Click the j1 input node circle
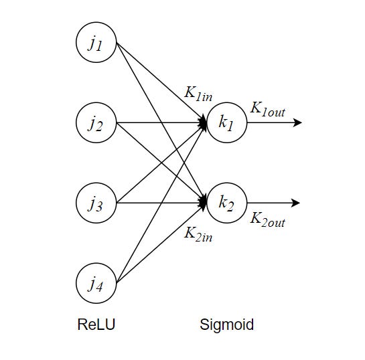click(x=96, y=43)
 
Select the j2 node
click(x=96, y=123)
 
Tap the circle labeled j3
click(x=96, y=203)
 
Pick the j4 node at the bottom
click(x=96, y=283)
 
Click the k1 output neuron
click(x=227, y=123)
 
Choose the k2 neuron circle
click(x=227, y=203)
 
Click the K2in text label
click(x=199, y=234)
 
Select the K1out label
click(x=267, y=110)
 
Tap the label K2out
click(x=267, y=219)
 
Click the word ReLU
click(x=96, y=326)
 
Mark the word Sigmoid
click(x=227, y=326)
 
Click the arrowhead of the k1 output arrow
click(x=298, y=123)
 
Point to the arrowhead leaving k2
click(x=298, y=203)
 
